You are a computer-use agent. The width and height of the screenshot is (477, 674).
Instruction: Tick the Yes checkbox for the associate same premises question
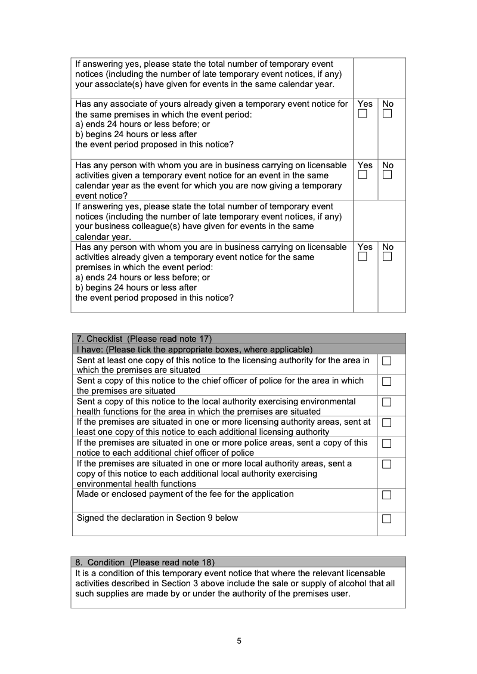[363, 114]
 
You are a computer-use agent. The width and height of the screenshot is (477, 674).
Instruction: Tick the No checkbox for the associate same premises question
[388, 114]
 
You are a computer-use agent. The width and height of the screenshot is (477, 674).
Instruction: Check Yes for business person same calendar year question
[363, 175]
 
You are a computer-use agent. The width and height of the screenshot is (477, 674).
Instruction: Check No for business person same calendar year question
[388, 175]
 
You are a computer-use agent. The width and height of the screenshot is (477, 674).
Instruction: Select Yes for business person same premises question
[363, 257]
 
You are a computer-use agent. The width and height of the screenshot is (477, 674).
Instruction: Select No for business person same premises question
[388, 257]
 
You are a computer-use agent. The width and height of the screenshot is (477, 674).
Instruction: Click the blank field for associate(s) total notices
[379, 78]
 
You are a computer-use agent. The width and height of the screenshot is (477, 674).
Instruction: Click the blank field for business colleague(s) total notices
[379, 220]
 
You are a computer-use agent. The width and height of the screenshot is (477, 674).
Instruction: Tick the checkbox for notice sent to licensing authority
[386, 361]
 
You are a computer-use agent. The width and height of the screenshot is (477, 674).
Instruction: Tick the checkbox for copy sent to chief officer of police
[386, 381]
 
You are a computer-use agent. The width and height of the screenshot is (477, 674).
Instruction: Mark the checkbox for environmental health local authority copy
[386, 402]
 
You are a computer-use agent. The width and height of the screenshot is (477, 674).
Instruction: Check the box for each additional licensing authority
[386, 423]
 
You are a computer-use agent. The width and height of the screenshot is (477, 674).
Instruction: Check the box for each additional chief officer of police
[386, 444]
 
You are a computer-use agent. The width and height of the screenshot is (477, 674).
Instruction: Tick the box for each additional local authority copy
[386, 464]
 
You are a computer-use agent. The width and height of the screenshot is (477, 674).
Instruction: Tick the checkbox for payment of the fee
[386, 495]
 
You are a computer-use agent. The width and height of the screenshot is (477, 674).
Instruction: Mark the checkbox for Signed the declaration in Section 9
[386, 519]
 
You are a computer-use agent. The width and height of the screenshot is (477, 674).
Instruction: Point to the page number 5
[239, 641]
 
